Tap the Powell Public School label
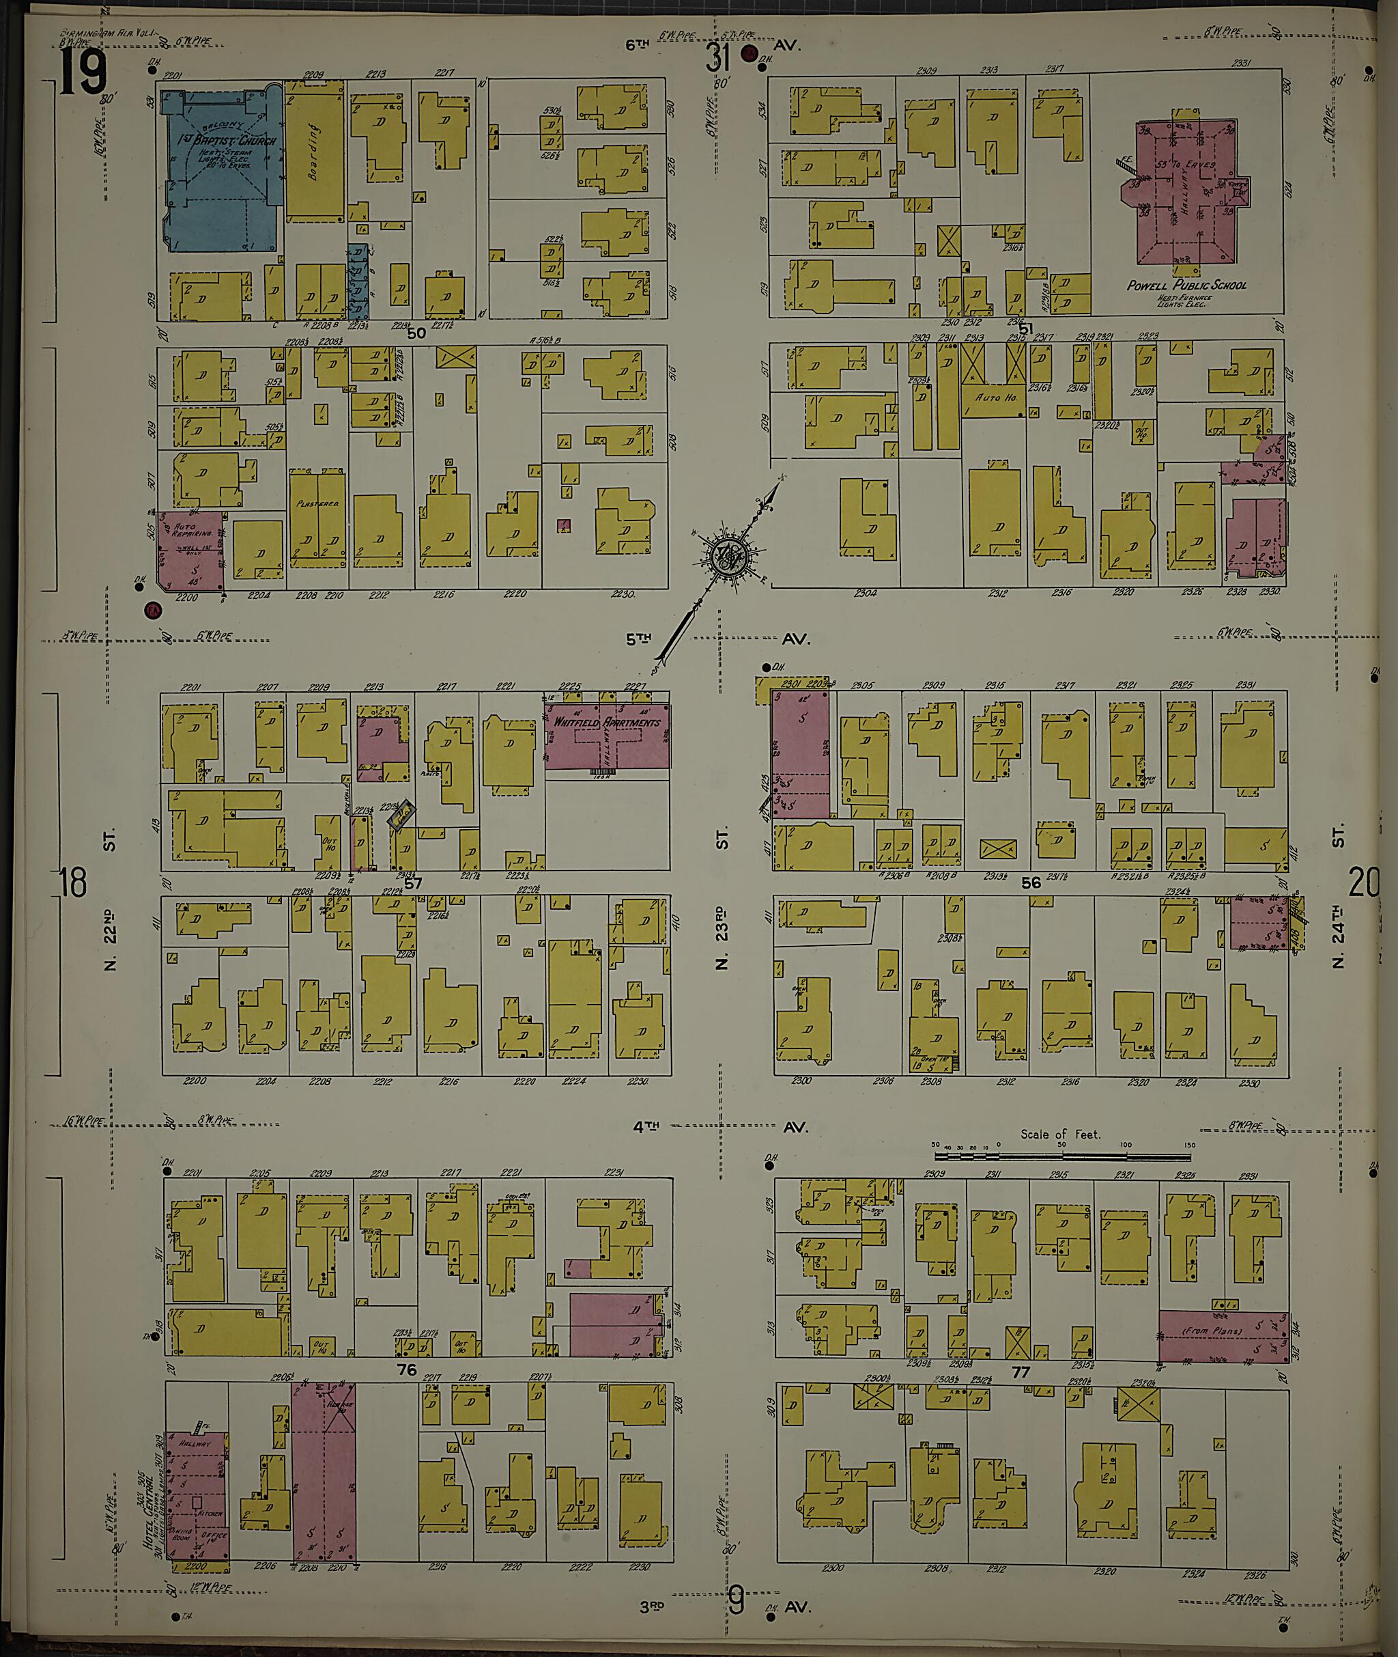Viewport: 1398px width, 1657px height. click(x=1186, y=286)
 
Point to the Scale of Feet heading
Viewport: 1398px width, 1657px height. click(x=1059, y=1134)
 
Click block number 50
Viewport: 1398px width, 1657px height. click(x=416, y=334)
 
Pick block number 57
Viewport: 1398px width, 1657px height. click(x=413, y=883)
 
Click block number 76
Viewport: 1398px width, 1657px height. click(x=407, y=1370)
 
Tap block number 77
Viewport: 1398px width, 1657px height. click(x=1021, y=1371)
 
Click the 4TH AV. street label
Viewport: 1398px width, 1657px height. click(x=719, y=1126)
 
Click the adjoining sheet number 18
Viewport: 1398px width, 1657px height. click(x=73, y=882)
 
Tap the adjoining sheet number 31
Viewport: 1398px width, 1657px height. click(x=718, y=57)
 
